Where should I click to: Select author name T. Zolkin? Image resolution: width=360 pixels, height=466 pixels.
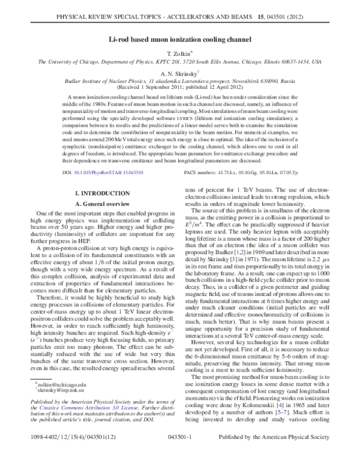click(179, 53)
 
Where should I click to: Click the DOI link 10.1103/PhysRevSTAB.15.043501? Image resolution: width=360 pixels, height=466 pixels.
click(89, 172)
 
